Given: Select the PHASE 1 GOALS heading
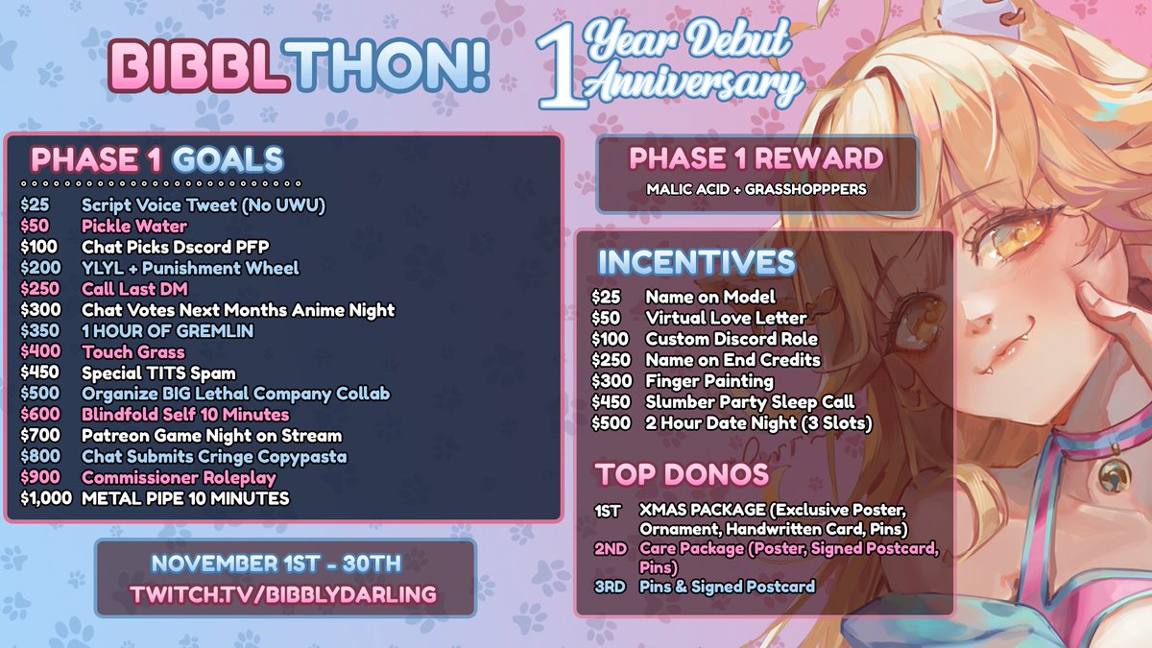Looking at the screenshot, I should click(156, 158).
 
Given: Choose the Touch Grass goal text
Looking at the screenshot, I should click(133, 352).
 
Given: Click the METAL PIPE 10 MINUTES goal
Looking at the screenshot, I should click(185, 499).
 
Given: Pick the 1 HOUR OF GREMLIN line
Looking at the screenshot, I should click(153, 331).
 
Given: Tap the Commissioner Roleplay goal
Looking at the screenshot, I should click(179, 478).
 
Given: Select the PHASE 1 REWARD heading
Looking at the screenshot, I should click(756, 158).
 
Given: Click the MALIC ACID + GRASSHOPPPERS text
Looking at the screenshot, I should click(755, 189).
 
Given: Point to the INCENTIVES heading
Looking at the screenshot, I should click(696, 262).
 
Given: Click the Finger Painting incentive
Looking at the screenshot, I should click(709, 381).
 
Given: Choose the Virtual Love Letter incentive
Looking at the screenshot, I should click(726, 318).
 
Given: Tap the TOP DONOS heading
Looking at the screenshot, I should click(682, 474).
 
